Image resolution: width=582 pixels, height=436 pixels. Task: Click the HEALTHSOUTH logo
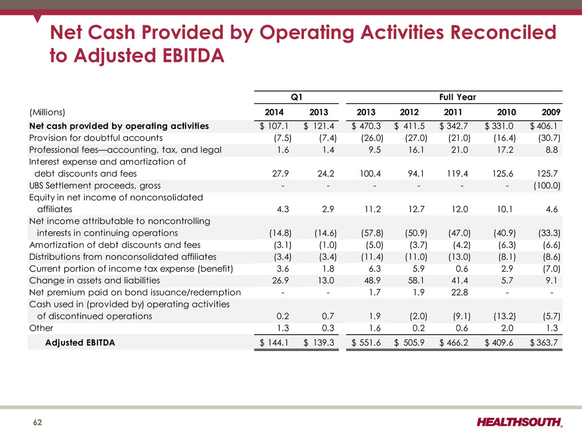520,422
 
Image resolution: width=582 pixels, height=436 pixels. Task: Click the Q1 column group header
297,97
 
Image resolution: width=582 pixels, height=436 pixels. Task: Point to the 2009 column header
549,112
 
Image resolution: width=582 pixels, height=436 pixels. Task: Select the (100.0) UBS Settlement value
545,185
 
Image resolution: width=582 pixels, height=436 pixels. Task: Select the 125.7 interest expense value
548,173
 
